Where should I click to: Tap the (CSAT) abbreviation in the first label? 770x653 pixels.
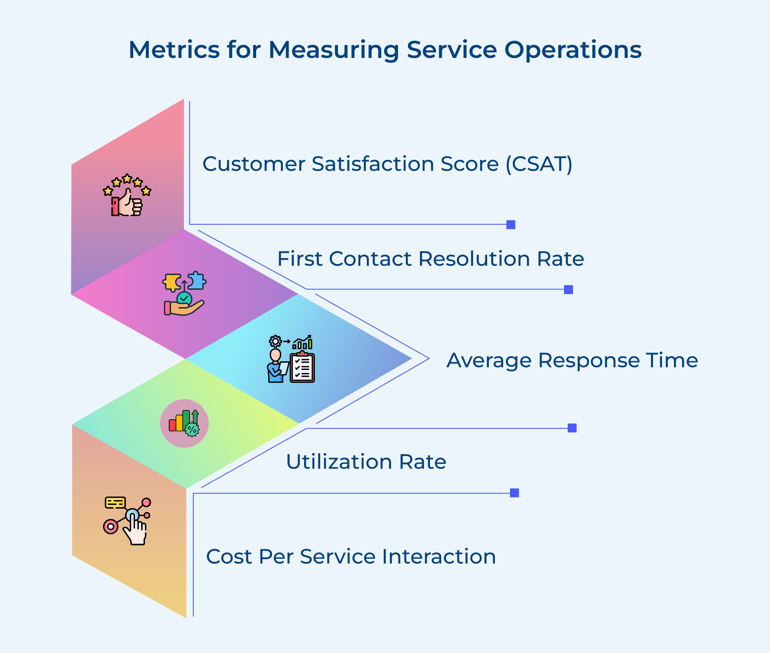click(539, 164)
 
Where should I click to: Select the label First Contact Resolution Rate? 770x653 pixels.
click(430, 259)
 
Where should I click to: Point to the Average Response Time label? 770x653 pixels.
click(572, 360)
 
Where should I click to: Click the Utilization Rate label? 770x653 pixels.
click(366, 462)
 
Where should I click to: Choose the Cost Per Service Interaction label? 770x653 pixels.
click(351, 557)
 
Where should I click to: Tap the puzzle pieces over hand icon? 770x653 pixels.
click(184, 293)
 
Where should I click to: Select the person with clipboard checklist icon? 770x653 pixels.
click(291, 359)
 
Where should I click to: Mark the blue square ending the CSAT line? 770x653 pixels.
click(510, 225)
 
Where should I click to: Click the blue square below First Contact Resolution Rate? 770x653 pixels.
click(568, 290)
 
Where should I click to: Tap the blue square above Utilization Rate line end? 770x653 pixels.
click(572, 428)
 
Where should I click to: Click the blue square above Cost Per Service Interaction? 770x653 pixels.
click(514, 493)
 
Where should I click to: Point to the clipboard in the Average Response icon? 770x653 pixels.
click(302, 367)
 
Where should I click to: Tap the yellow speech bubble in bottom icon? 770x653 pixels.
click(115, 503)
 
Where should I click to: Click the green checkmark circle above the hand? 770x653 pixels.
click(184, 299)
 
